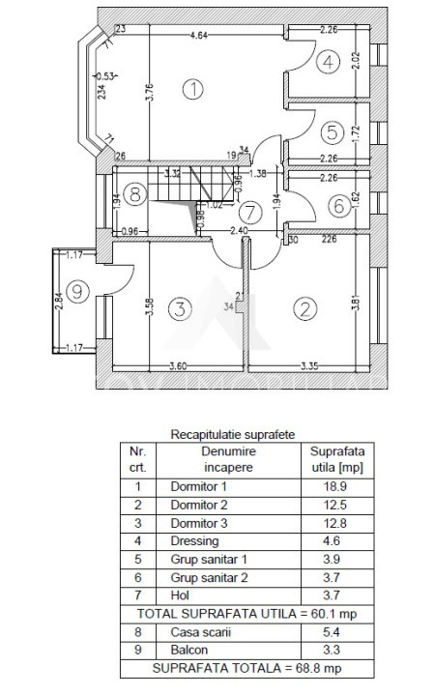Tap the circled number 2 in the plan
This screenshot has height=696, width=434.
[x=305, y=309]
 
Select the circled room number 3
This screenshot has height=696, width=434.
[x=178, y=309]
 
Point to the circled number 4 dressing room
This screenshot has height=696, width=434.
[x=330, y=64]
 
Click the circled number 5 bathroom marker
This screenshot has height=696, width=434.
[x=330, y=130]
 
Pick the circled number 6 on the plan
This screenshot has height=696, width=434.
[x=337, y=205]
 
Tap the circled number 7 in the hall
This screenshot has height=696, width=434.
[x=250, y=211]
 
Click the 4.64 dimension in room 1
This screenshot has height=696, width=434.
[x=199, y=36]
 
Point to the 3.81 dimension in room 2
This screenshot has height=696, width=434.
[x=359, y=301]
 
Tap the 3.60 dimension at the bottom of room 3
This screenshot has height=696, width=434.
[x=178, y=366]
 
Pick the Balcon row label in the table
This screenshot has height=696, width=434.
[x=187, y=650]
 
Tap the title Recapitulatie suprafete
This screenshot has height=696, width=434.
[x=233, y=434]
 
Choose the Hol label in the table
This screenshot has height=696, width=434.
[x=178, y=595]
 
